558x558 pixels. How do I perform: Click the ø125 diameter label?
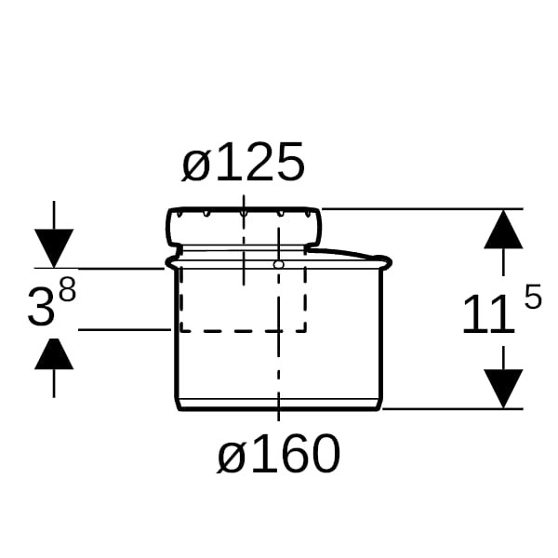(244, 162)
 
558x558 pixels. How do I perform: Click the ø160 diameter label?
(279, 454)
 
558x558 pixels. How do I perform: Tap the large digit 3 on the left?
(41, 308)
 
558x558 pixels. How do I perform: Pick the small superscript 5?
(533, 296)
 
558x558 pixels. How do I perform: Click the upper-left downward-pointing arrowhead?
(54, 248)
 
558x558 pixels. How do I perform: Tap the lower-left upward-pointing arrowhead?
(54, 353)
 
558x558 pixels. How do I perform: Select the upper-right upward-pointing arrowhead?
(503, 229)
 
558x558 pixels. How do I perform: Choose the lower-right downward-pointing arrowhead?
(503, 389)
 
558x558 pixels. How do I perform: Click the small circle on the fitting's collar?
(279, 264)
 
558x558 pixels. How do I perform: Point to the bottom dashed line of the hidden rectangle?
(244, 331)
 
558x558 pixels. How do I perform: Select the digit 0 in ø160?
(325, 454)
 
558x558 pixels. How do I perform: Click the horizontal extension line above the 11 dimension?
(422, 209)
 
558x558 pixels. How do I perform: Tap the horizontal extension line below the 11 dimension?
(452, 409)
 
